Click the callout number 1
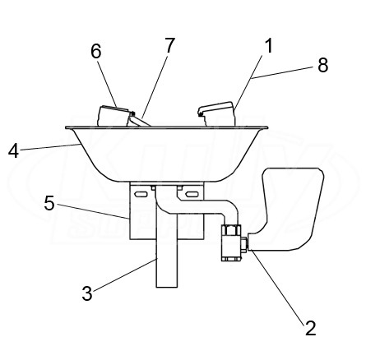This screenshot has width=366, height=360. tap(270, 45)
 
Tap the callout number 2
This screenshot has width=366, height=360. tap(311, 327)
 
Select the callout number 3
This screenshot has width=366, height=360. tap(87, 293)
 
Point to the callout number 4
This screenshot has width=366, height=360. tap(13, 150)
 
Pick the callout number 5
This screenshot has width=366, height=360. tap(49, 203)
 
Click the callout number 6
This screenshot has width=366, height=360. tap(96, 51)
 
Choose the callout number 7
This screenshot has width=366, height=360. tap(169, 45)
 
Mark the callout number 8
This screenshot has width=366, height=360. tap(323, 65)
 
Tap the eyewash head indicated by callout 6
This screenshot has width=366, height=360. tap(113, 116)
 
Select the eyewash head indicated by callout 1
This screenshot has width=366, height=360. tap(217, 114)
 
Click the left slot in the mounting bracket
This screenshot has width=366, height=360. tap(141, 194)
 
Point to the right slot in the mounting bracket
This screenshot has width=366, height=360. tap(192, 194)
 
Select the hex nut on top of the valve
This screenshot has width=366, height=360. tap(232, 229)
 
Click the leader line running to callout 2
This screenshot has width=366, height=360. tap(277, 285)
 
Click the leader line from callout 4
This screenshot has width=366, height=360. tap(49, 147)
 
